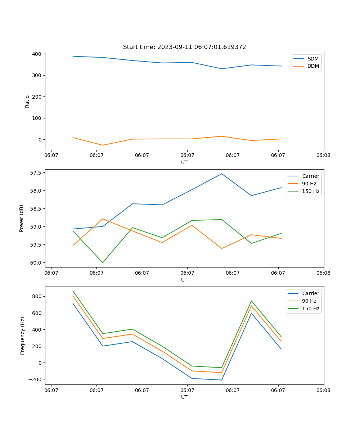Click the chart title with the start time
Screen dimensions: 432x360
tap(184, 47)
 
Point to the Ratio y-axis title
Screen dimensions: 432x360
tap(27, 101)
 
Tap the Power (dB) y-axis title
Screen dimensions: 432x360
tap(22, 218)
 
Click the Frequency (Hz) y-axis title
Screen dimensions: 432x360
tap(23, 336)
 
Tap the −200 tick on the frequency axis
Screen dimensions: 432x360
tap(35, 379)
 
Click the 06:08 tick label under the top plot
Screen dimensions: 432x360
tap(323, 156)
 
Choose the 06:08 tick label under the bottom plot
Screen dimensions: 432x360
tap(323, 390)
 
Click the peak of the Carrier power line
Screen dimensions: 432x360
tap(222, 174)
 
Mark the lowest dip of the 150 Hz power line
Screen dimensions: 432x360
tap(103, 262)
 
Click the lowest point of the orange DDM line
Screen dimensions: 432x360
tap(103, 145)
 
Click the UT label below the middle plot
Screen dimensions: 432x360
tap(184, 280)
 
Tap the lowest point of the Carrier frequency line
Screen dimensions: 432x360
tap(222, 380)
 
